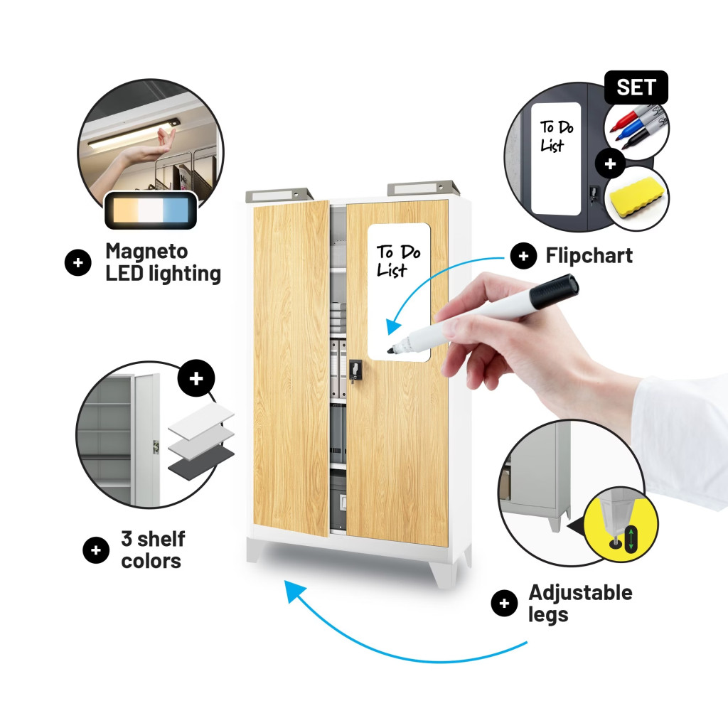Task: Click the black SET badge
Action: (636, 87)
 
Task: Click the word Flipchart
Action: (589, 256)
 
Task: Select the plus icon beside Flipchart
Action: (523, 256)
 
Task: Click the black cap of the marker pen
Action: (554, 291)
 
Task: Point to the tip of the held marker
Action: (390, 350)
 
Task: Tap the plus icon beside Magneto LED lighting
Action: (78, 262)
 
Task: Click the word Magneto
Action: (146, 251)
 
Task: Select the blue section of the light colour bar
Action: (176, 210)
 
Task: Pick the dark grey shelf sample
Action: (201, 462)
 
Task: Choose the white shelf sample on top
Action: (201, 418)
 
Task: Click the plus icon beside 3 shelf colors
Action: (96, 550)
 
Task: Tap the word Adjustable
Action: (580, 593)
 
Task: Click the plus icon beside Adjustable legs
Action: (504, 604)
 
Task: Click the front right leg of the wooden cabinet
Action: (444, 574)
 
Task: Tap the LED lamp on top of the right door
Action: (423, 188)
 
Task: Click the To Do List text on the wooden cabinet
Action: (398, 261)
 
